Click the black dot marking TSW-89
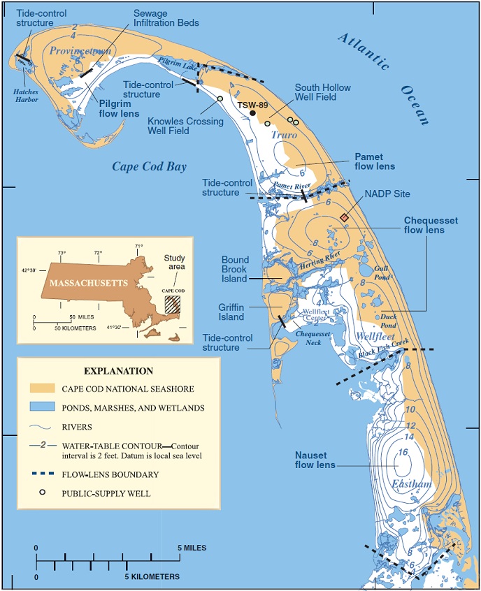tap(252, 113)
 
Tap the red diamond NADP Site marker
tap(344, 218)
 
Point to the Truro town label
tap(285, 135)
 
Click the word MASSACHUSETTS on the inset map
tap(82, 283)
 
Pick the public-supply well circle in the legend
tap(42, 492)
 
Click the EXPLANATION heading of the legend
tap(118, 371)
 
